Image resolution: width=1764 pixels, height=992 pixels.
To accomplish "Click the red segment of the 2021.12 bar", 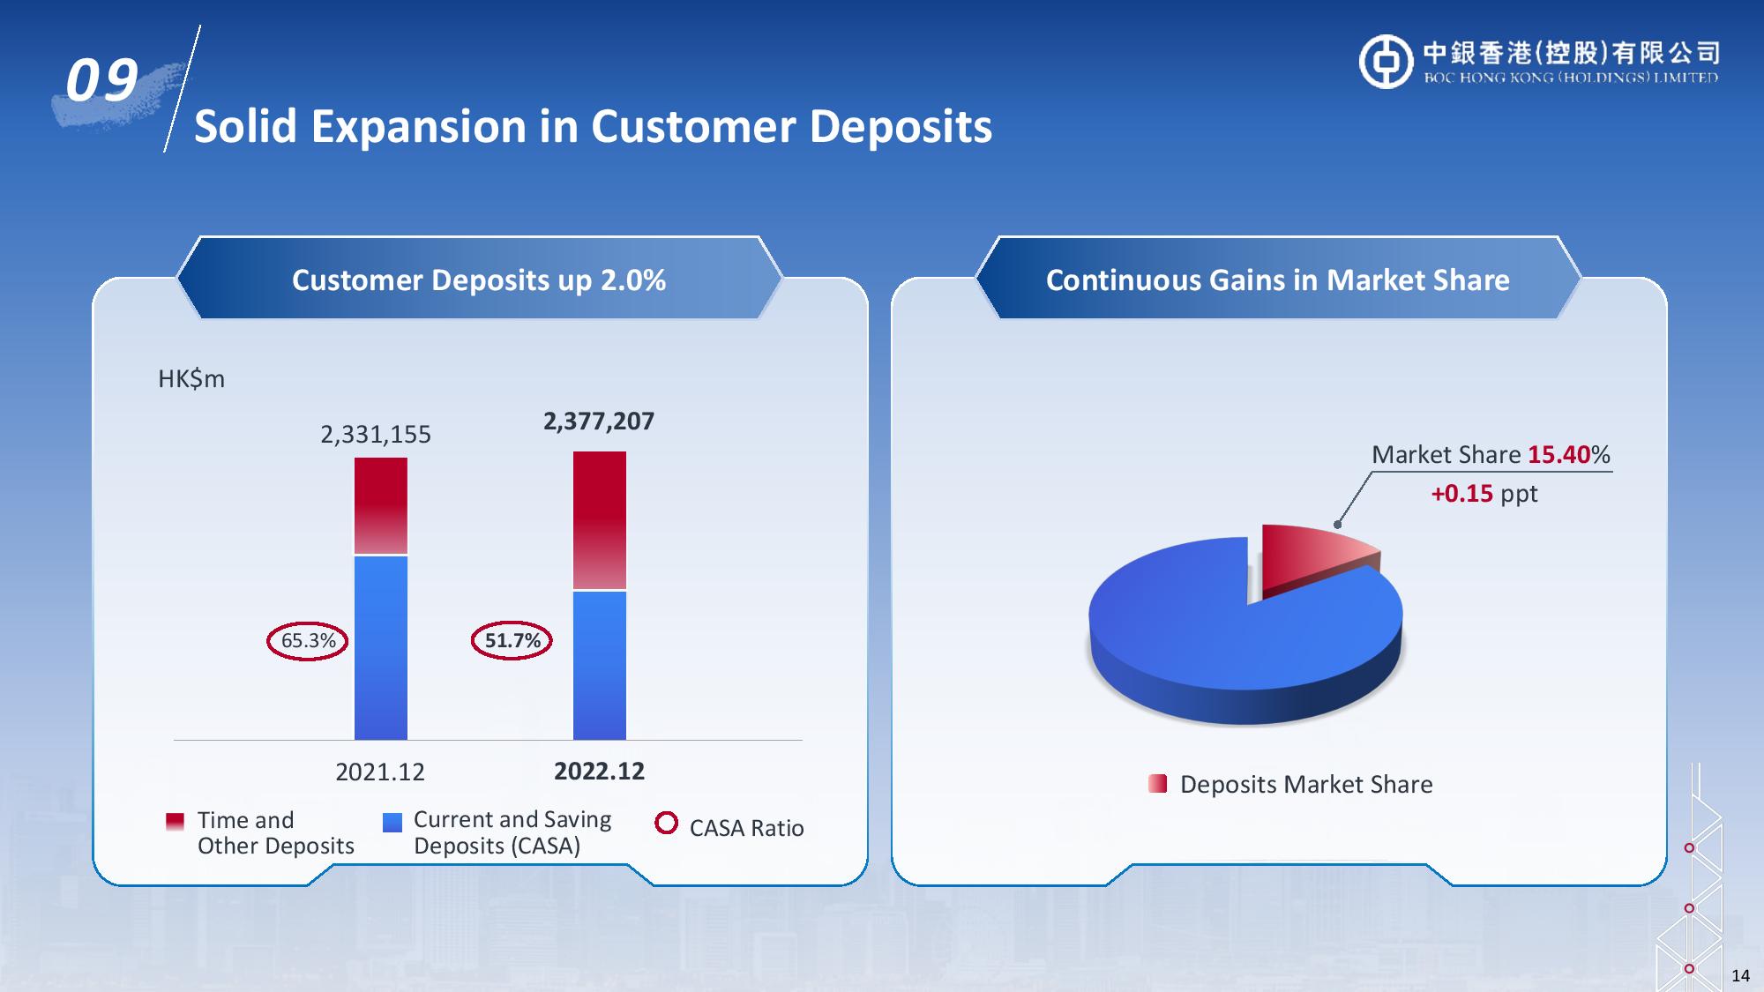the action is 381,506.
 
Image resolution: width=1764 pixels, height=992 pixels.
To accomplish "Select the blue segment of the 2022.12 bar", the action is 600,666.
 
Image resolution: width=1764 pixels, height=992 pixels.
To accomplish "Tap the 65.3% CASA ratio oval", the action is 308,641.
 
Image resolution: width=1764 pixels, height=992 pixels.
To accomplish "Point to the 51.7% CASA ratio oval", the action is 512,641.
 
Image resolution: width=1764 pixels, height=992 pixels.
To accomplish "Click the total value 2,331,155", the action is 376,435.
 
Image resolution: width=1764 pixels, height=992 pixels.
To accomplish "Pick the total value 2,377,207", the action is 599,421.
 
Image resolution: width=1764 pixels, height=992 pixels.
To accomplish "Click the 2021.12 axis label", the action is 380,772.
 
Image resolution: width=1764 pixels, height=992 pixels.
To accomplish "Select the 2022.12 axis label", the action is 599,772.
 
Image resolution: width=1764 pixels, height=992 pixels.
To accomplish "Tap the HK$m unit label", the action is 191,379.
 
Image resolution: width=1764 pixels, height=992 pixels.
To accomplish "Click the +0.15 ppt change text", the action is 1484,494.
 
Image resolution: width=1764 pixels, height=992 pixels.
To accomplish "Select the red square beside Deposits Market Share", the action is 1158,784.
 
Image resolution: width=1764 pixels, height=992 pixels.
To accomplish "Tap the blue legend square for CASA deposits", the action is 392,822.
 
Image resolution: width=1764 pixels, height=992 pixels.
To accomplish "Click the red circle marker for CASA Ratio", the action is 667,823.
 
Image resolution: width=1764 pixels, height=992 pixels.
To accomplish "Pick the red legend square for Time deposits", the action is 176,822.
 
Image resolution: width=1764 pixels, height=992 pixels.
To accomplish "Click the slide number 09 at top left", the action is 102,81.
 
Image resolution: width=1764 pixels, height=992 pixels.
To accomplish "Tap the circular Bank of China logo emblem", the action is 1386,62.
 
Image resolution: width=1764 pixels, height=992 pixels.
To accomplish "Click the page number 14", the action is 1740,975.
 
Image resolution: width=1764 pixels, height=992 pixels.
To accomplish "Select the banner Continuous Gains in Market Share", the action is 1278,280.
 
